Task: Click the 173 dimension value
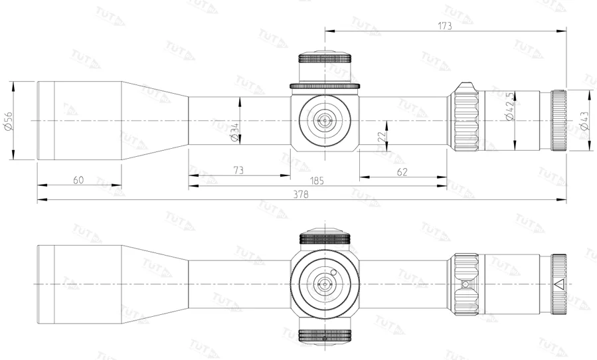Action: click(x=444, y=26)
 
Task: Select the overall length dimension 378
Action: click(x=301, y=195)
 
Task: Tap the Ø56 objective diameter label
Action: click(x=8, y=120)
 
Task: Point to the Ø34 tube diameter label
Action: click(x=234, y=133)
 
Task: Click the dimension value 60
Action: click(x=78, y=180)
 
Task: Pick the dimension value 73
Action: click(x=238, y=171)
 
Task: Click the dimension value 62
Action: click(x=402, y=171)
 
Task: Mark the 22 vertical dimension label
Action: click(x=381, y=135)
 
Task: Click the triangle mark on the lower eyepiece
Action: click(x=558, y=284)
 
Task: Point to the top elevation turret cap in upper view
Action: click(x=325, y=66)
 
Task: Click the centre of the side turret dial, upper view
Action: click(x=325, y=120)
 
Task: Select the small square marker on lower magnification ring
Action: click(x=465, y=284)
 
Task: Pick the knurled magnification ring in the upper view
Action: click(x=466, y=120)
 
